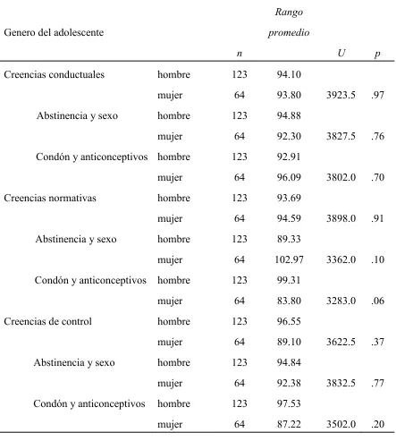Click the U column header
click(x=341, y=53)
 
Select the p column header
click(x=377, y=54)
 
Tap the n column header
click(x=240, y=54)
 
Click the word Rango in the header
click(x=289, y=12)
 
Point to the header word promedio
click(x=289, y=32)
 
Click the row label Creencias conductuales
click(x=54, y=74)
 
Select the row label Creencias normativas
click(x=50, y=198)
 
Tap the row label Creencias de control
click(x=47, y=321)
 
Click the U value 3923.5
click(x=341, y=95)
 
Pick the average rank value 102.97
click(x=289, y=259)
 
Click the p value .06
click(x=377, y=301)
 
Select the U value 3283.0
click(x=341, y=301)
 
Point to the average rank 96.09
click(x=289, y=177)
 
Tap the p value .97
click(x=377, y=95)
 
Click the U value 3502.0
click(x=341, y=424)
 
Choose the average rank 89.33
click(x=289, y=239)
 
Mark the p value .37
click(x=377, y=342)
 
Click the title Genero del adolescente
click(x=54, y=32)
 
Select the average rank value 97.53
click(x=289, y=403)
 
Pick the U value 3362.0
click(x=341, y=259)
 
